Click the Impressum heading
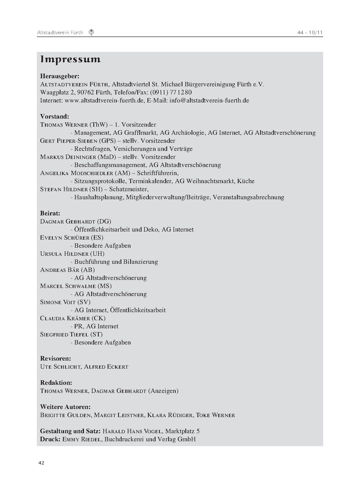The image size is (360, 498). [x=70, y=59]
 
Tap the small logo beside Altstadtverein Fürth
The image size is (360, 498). [x=91, y=33]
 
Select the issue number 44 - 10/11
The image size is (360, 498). [x=310, y=33]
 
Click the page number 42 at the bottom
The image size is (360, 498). [x=41, y=463]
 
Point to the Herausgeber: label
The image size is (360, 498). [x=59, y=76]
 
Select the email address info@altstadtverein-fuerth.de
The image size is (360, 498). [x=209, y=101]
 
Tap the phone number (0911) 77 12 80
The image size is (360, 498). [x=171, y=92]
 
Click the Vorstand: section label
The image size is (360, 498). [x=54, y=117]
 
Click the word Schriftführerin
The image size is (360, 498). [x=157, y=173]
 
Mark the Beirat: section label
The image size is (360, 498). [x=50, y=213]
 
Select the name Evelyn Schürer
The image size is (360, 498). [x=65, y=238]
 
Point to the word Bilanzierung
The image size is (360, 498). [x=141, y=262]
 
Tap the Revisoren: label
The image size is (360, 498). [x=56, y=358]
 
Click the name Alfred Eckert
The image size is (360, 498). [x=106, y=367]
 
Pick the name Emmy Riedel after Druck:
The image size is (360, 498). [x=82, y=439]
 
